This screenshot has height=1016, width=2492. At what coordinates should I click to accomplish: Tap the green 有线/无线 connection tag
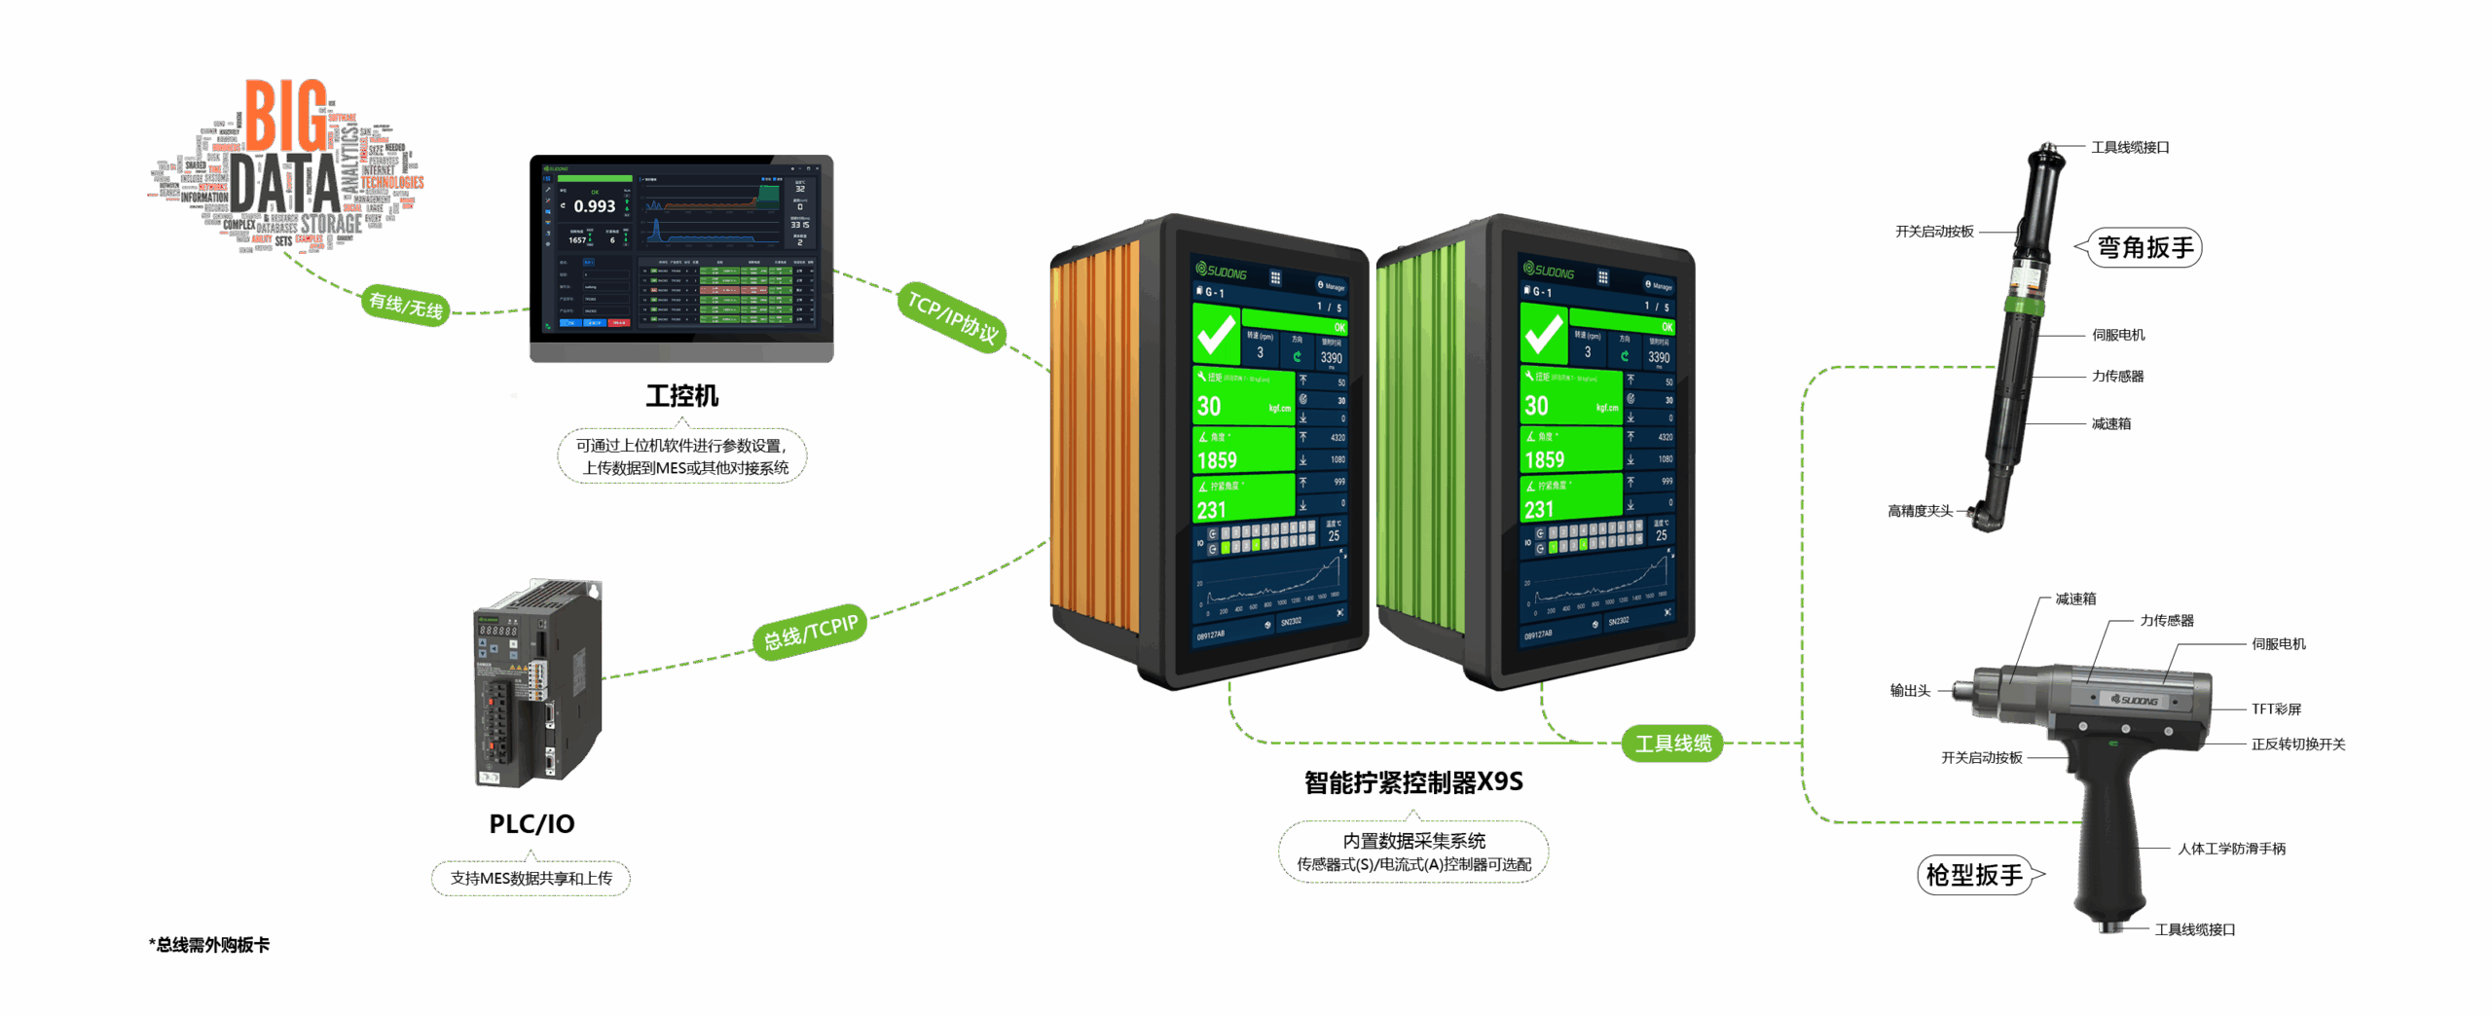click(406, 306)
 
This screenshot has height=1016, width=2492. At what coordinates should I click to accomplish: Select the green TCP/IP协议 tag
click(952, 316)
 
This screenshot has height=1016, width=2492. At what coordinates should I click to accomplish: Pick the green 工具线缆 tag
click(1672, 744)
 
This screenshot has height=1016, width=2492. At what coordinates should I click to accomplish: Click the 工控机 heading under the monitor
click(681, 396)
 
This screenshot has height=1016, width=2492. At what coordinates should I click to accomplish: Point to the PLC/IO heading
click(531, 824)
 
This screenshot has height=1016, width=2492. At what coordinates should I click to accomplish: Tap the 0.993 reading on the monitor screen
click(594, 206)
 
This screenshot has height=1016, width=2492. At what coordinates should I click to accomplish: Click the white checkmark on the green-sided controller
click(1543, 335)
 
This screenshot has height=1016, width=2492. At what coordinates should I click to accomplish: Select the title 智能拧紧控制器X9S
click(1413, 782)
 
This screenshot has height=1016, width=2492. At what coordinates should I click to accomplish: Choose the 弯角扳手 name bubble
click(2145, 247)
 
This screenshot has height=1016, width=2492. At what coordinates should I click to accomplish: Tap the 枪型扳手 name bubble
click(1974, 875)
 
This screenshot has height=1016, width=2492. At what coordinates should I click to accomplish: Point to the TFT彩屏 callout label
click(2276, 709)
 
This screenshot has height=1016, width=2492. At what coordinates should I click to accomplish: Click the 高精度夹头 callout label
click(1920, 511)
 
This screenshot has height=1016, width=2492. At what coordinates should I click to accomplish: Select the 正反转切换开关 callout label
click(2297, 744)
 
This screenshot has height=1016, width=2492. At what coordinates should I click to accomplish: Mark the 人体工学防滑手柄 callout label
click(2231, 849)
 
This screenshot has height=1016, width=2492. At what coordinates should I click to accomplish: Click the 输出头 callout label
click(1910, 691)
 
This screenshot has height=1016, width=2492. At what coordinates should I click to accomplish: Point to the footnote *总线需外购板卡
click(209, 945)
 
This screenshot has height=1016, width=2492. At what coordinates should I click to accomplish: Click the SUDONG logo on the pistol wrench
click(2134, 700)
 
